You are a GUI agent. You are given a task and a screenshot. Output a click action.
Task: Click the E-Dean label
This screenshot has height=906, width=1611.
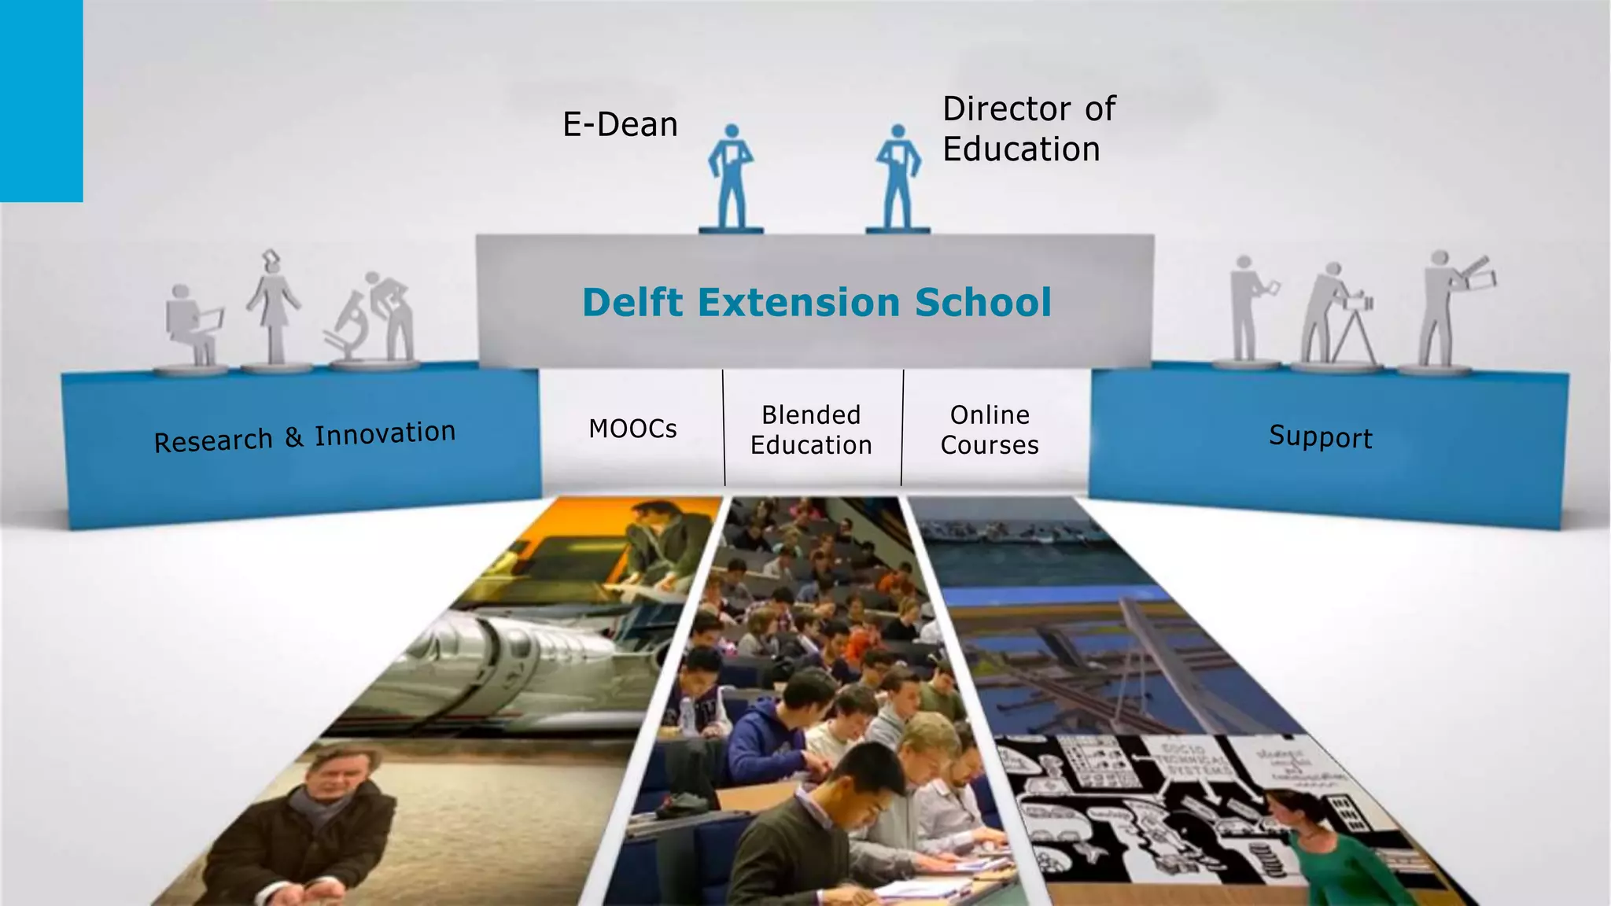coord(620,124)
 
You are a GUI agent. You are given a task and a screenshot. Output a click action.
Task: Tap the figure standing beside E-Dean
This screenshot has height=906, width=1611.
coord(731,177)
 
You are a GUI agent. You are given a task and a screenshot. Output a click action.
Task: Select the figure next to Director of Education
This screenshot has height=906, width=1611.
coord(898,177)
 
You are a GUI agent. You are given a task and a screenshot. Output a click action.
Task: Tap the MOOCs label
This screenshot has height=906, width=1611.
coord(632,429)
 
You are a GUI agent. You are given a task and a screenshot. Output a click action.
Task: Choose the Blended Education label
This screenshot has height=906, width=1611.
coord(811,429)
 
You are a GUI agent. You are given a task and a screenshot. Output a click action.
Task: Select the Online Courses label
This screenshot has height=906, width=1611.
coord(990,429)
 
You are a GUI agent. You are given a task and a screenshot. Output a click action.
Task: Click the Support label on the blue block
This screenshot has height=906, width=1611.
coord(1320,437)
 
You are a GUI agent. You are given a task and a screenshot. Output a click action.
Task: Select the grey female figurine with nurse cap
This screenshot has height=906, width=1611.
coord(273,311)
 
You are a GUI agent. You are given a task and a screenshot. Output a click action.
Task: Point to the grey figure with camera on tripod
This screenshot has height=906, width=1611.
coord(1337,315)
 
